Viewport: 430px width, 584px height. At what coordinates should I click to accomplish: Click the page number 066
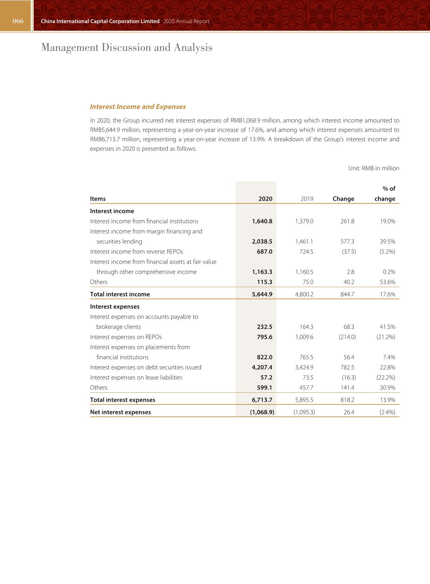click(18, 21)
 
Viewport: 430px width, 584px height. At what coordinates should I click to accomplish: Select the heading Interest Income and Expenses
click(138, 107)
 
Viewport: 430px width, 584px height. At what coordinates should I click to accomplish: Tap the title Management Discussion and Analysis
click(127, 47)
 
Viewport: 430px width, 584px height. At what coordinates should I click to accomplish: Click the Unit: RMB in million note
click(374, 168)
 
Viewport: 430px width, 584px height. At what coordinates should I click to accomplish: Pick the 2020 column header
click(265, 199)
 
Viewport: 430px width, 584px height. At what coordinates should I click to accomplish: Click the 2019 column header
click(307, 199)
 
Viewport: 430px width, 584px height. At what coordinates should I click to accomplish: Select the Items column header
click(98, 199)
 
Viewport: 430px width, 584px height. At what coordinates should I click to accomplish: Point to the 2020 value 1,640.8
click(262, 221)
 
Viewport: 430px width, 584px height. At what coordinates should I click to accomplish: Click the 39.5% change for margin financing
click(387, 242)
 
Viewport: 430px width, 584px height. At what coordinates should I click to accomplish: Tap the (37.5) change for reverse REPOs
click(349, 252)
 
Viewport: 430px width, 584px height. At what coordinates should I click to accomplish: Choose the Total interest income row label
click(120, 294)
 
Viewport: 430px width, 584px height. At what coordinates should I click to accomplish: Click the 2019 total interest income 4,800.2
click(304, 294)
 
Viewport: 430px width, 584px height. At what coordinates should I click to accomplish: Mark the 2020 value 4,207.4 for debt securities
click(262, 367)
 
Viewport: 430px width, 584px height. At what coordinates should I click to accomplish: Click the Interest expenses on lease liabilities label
click(136, 378)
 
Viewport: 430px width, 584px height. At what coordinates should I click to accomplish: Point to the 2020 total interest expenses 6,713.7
click(262, 400)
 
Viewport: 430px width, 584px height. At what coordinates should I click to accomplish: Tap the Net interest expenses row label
click(120, 412)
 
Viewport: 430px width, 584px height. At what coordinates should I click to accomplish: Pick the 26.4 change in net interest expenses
click(349, 412)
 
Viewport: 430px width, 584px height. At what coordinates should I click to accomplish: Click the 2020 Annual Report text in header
click(186, 21)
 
